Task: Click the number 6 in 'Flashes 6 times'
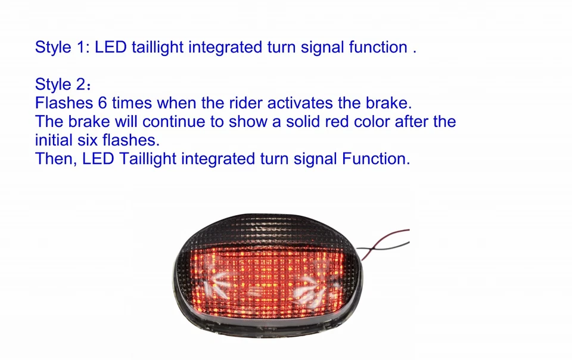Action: pyautogui.click(x=102, y=103)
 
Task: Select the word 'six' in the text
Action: pyautogui.click(x=92, y=140)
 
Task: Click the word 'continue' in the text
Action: pyautogui.click(x=173, y=122)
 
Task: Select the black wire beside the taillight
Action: pyautogui.click(x=393, y=244)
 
